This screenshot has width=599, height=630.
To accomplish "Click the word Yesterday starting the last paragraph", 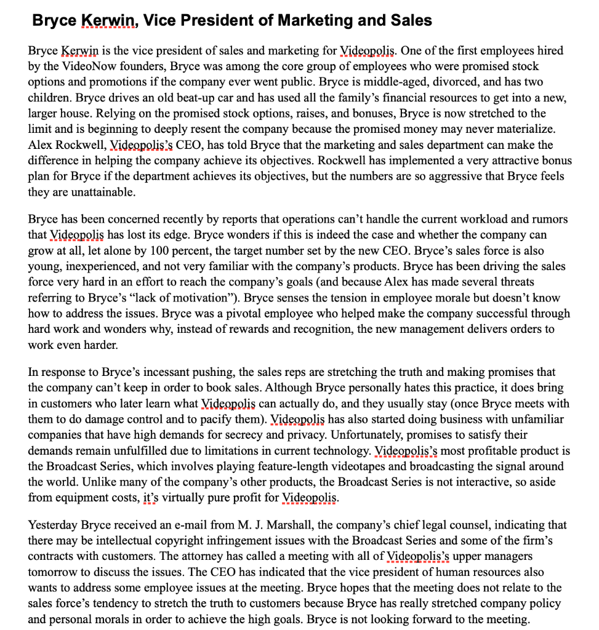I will pos(53,525).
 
